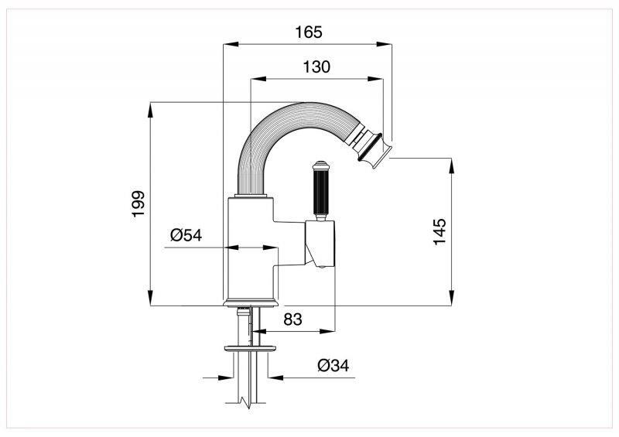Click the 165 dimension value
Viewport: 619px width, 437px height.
point(308,32)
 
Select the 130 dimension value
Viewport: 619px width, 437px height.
point(316,67)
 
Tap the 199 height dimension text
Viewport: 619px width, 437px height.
point(138,204)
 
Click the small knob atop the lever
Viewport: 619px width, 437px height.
point(319,163)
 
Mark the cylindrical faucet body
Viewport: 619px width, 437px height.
point(250,248)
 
